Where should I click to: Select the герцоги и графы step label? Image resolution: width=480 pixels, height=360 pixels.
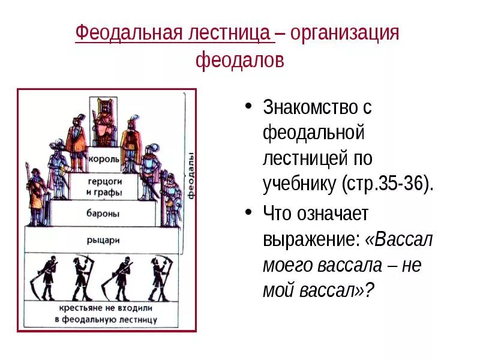point(104,187)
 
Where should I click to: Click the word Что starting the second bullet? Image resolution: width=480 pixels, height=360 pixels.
point(280,214)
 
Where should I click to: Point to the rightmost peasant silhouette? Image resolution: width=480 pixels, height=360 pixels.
point(160,277)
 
